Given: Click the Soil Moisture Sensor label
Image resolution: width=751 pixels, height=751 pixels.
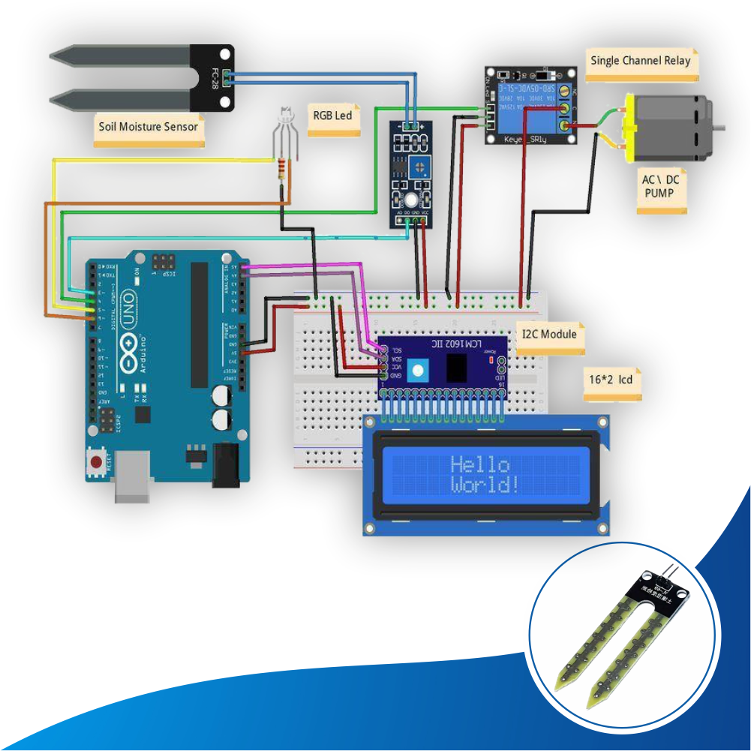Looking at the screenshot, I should (x=149, y=125).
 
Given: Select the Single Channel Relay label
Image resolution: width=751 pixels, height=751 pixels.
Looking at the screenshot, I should (x=640, y=61).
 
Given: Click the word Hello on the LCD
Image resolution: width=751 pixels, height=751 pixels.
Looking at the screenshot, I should (x=480, y=464).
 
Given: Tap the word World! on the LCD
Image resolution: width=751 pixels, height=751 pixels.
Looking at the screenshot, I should (x=485, y=485).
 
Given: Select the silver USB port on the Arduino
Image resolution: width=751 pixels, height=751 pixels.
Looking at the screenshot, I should (x=134, y=476).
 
